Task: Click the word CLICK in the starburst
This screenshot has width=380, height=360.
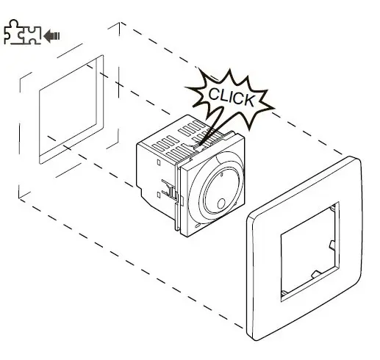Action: [231, 97]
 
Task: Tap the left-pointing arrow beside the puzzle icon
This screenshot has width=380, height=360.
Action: [51, 36]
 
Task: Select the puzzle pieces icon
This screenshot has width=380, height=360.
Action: [22, 32]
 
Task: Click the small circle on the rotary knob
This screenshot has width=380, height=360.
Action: [221, 204]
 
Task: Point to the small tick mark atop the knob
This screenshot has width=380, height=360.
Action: [221, 175]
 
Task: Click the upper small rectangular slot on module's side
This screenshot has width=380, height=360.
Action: [159, 162]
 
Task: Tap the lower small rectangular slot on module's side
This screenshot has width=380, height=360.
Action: [158, 195]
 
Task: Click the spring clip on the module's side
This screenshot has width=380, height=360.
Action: [169, 189]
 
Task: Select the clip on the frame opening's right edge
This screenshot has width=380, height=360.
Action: [331, 245]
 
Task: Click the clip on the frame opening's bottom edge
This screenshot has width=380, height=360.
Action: [316, 274]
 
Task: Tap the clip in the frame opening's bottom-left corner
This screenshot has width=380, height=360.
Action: [284, 292]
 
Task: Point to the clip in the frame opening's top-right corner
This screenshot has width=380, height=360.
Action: [333, 208]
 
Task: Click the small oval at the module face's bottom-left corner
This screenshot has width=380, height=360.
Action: [197, 226]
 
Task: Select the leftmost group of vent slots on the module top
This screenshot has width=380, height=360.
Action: [165, 144]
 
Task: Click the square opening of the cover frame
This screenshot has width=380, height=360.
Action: [310, 251]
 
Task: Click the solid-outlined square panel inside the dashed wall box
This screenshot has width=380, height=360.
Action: [71, 109]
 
